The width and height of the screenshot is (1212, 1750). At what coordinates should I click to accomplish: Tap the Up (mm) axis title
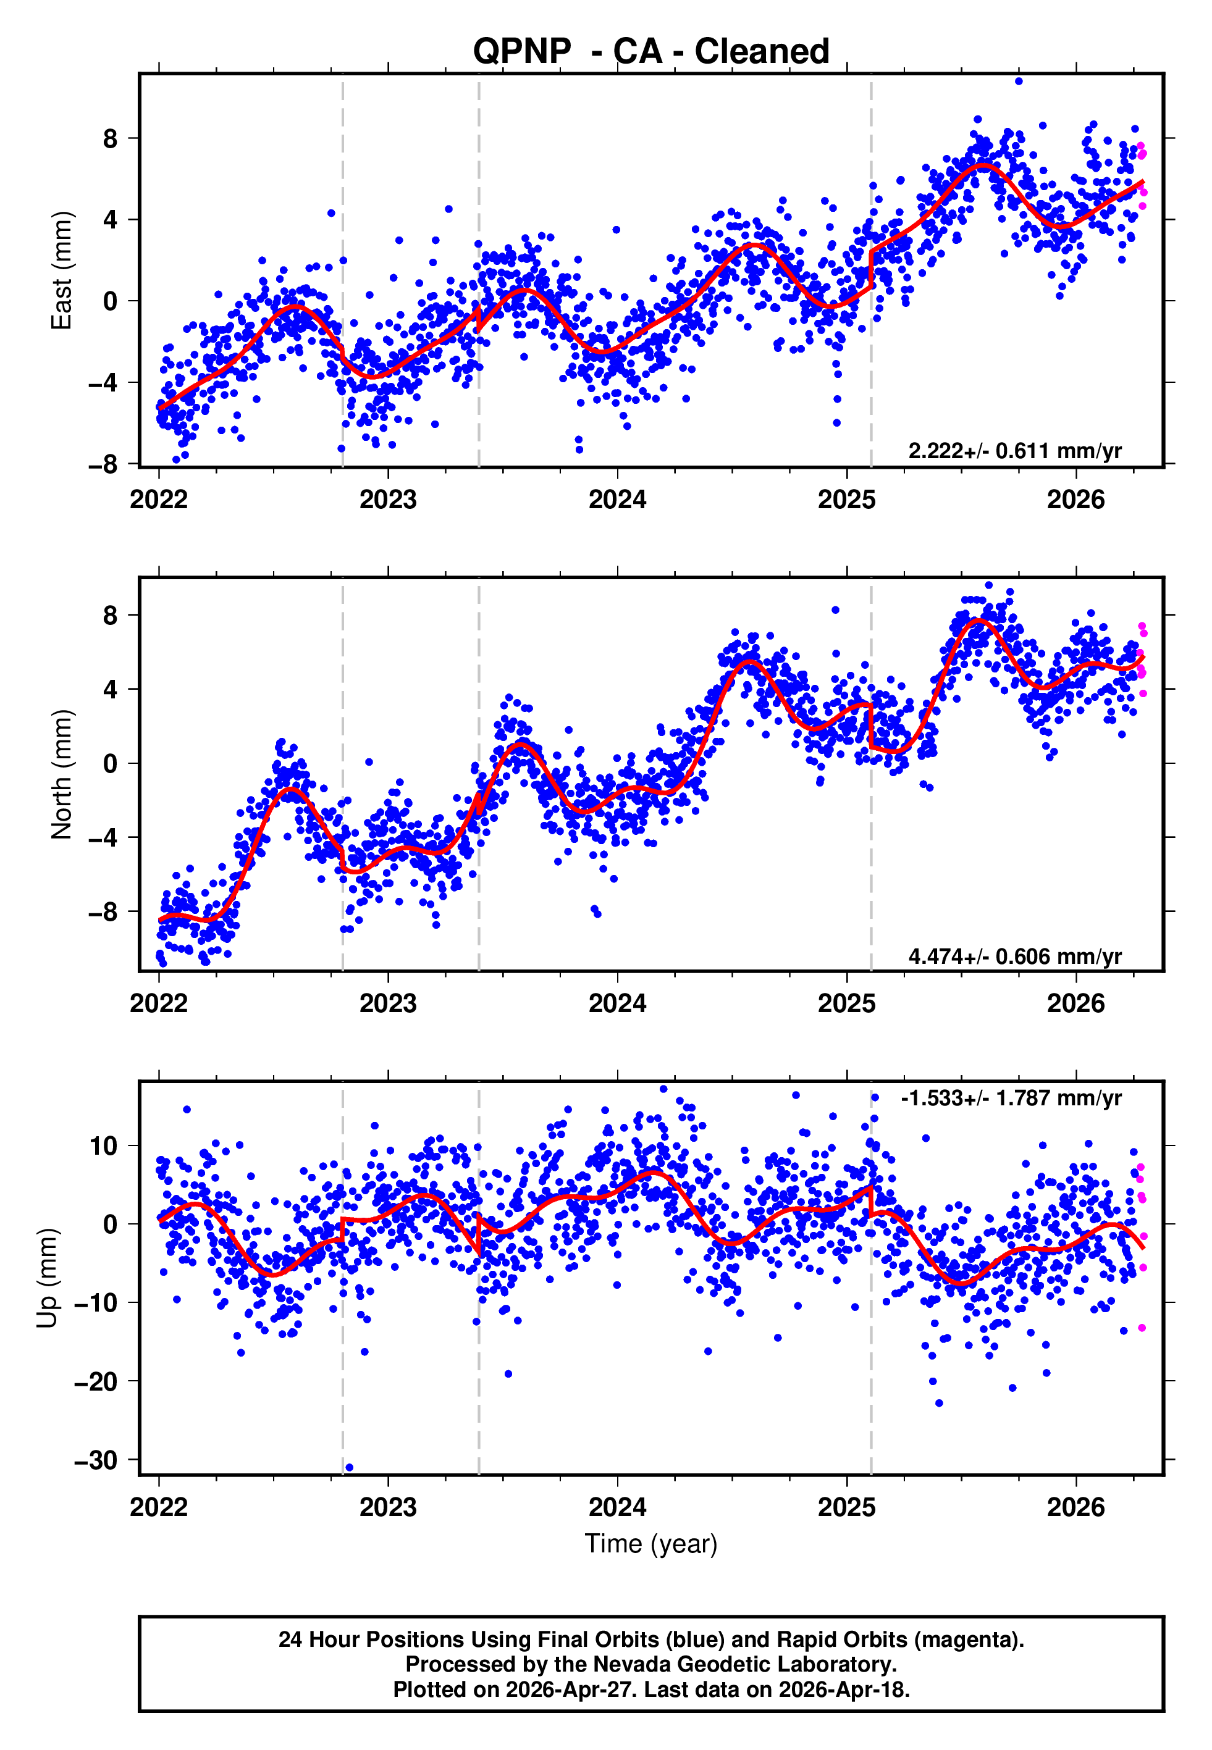pyautogui.click(x=47, y=1278)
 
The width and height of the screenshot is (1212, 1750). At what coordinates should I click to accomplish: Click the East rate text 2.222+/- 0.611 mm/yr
pyautogui.click(x=1014, y=451)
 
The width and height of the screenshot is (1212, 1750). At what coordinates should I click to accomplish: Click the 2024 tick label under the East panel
pyautogui.click(x=617, y=500)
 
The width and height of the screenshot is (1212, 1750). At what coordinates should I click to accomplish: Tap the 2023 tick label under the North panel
pyautogui.click(x=387, y=1003)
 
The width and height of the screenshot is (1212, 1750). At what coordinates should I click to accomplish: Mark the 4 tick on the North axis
pyautogui.click(x=111, y=689)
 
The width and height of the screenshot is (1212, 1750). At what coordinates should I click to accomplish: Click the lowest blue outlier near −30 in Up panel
pyautogui.click(x=349, y=1467)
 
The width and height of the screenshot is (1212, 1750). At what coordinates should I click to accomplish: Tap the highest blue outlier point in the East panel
pyautogui.click(x=1019, y=81)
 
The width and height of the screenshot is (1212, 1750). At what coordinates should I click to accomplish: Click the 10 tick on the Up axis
pyautogui.click(x=103, y=1146)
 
